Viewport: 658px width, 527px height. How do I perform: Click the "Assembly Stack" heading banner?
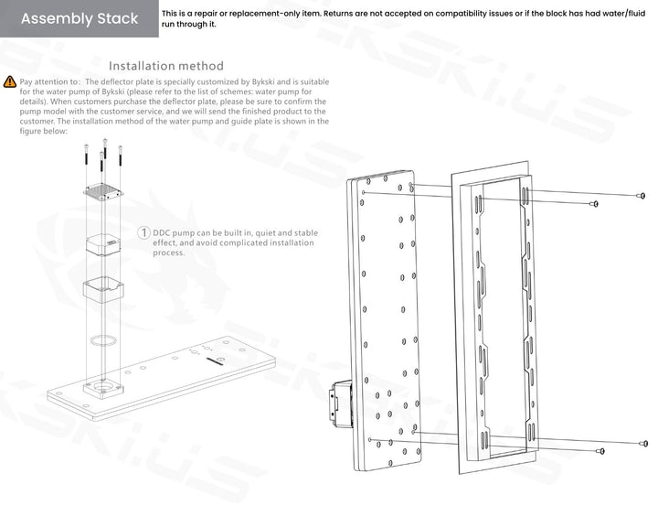[80, 18]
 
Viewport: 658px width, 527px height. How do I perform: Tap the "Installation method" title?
[166, 66]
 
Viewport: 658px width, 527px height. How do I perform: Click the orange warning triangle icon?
[10, 81]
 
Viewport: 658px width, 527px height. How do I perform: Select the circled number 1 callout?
[143, 232]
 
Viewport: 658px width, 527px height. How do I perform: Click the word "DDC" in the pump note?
[162, 232]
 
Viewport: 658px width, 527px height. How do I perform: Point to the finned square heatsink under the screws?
[103, 191]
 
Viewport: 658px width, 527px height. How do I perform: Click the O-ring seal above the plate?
[103, 339]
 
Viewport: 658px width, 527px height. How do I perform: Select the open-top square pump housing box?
[103, 290]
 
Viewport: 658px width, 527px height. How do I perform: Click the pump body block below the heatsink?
[103, 244]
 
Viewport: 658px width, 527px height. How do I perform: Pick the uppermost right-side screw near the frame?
[642, 196]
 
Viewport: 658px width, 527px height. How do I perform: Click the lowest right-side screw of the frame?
[600, 451]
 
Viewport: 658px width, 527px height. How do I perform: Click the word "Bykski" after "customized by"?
[263, 81]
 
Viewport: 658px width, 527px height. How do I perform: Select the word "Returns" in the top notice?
[338, 14]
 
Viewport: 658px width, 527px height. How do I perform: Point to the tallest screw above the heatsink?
[105, 149]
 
